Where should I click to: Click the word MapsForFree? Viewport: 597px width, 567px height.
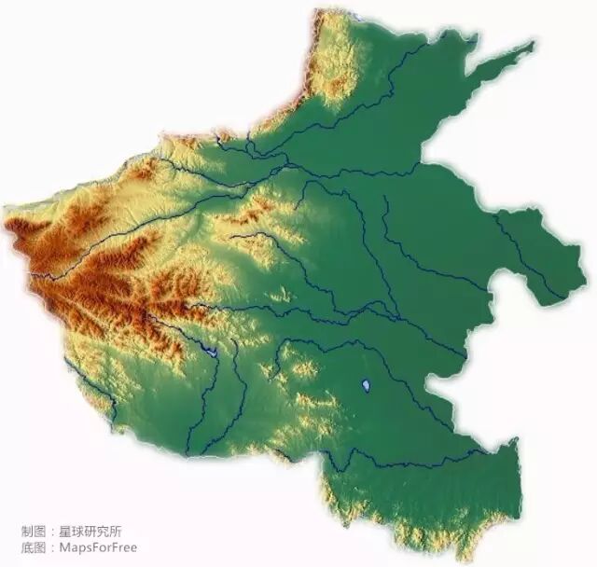tap(98, 547)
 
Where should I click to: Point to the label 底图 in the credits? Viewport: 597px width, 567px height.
tap(33, 547)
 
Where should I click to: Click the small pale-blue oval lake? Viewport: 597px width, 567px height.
tap(366, 383)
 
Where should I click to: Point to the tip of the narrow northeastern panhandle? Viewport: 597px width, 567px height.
tap(535, 42)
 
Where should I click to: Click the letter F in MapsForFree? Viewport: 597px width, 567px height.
tap(104, 547)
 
